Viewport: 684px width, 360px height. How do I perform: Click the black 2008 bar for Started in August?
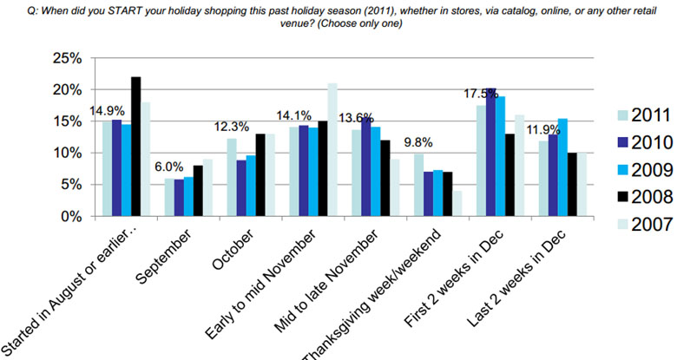[136, 147]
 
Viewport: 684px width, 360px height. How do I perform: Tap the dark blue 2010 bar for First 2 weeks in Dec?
[490, 152]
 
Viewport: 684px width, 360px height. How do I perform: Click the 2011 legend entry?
[644, 115]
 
